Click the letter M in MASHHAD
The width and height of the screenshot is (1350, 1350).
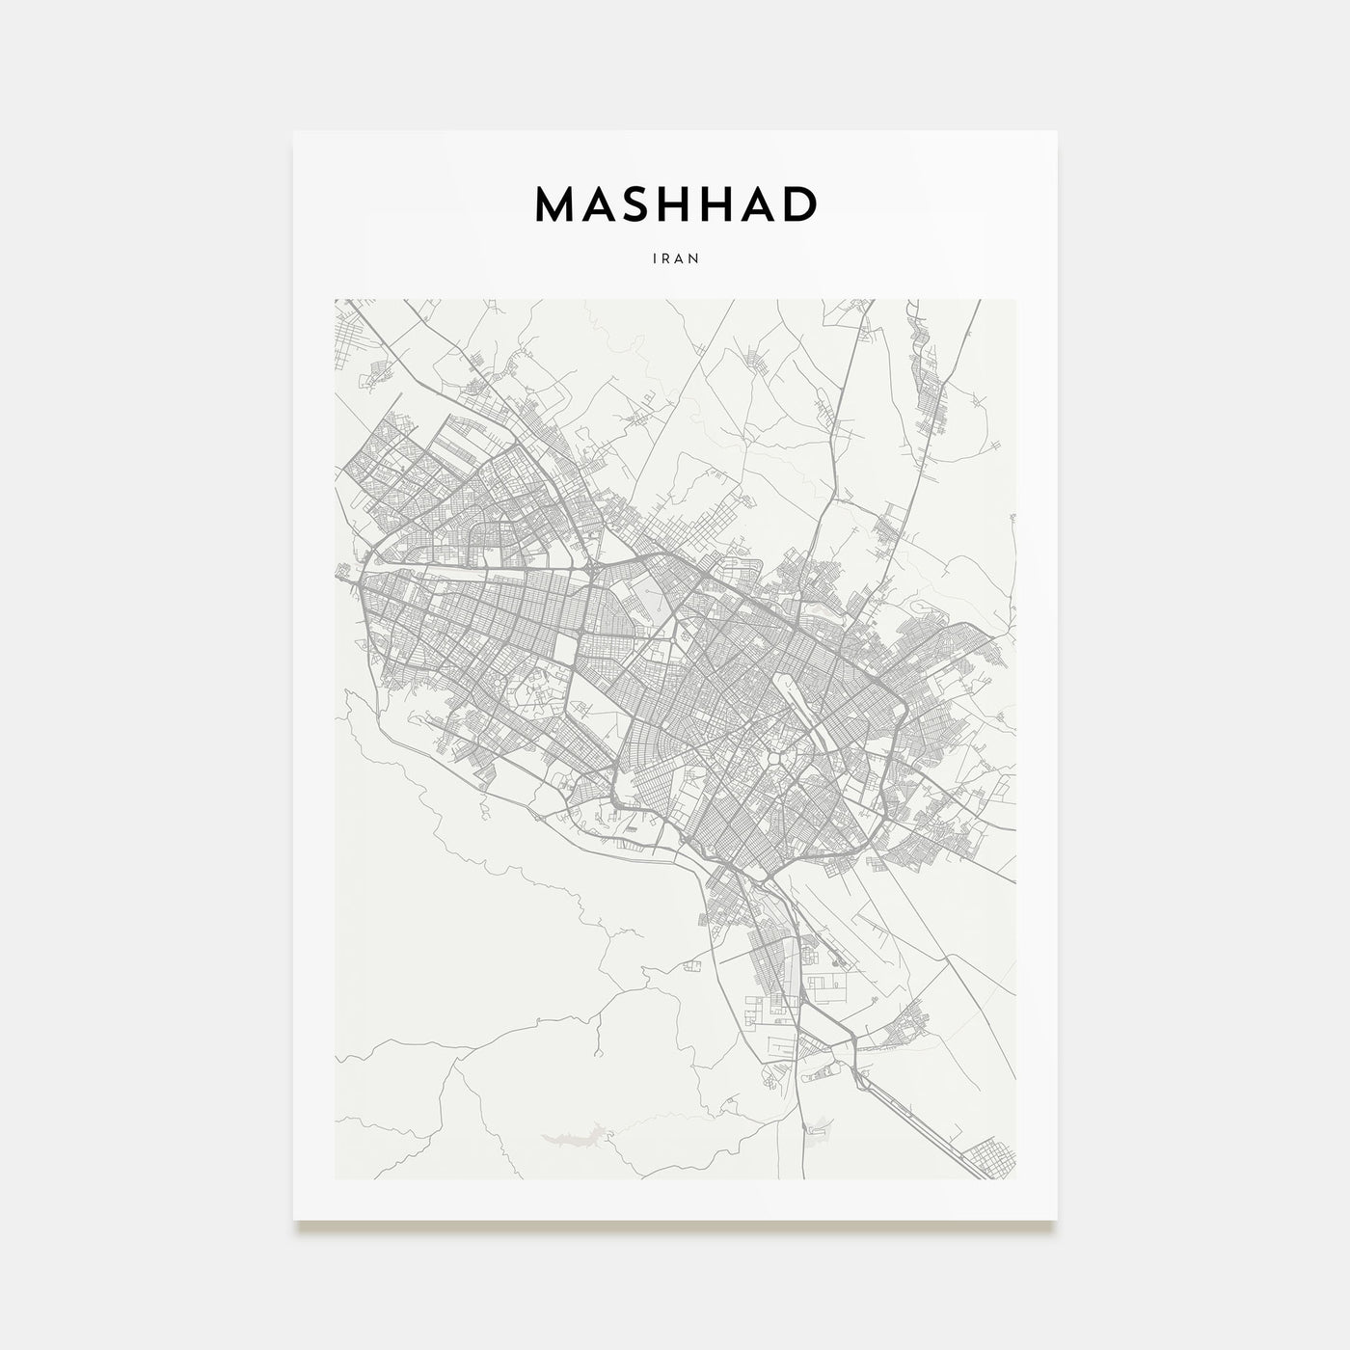(556, 204)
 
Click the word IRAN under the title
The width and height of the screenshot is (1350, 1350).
(675, 258)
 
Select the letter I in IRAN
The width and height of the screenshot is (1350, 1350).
(656, 258)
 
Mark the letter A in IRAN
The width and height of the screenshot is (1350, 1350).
(680, 258)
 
